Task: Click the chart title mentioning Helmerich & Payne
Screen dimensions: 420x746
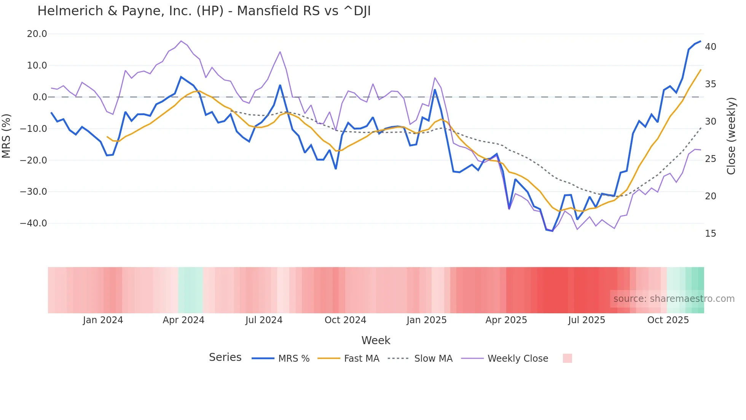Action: [x=204, y=11]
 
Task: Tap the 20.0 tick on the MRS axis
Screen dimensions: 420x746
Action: [x=37, y=34]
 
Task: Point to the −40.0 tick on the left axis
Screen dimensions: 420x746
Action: [x=33, y=223]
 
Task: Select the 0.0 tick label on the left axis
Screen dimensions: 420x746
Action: [x=40, y=97]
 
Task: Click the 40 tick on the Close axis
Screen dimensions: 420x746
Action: [x=710, y=47]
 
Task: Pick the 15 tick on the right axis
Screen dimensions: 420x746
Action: [x=710, y=234]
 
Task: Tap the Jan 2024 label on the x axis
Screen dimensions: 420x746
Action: [x=103, y=320]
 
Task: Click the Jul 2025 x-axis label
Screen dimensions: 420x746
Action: [x=587, y=320]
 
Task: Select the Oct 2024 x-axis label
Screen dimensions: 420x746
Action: [x=345, y=320]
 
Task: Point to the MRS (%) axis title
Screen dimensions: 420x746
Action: [x=6, y=136]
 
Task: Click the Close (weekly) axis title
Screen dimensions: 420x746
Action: [x=731, y=136]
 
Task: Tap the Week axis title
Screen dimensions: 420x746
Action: [x=376, y=340]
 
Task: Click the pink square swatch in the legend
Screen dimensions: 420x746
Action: [x=567, y=358]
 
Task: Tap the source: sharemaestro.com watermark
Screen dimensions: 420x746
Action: [x=674, y=299]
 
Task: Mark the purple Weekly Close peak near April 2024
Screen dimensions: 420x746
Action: [x=181, y=41]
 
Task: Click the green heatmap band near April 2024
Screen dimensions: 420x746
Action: [x=190, y=290]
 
